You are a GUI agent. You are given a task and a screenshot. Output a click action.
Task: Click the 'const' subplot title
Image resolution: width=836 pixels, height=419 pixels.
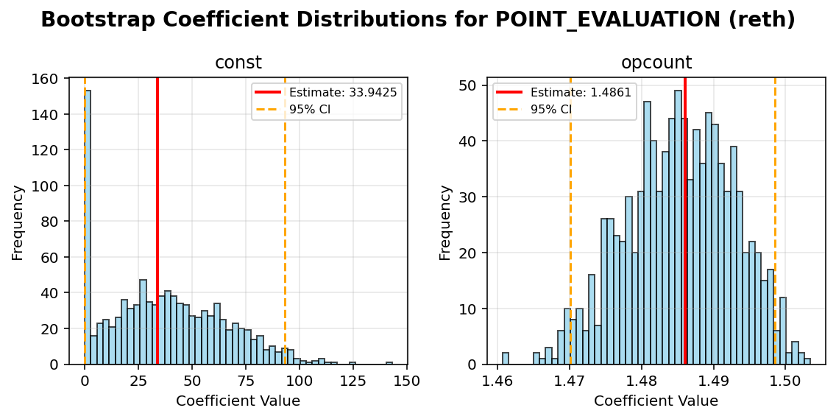(238, 63)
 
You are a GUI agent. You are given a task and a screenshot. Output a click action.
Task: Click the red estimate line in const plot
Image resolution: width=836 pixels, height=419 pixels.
(157, 221)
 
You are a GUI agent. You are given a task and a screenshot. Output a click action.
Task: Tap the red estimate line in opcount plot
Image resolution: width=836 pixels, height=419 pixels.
(685, 221)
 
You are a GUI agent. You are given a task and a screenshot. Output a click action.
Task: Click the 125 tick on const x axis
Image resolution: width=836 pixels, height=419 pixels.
(353, 380)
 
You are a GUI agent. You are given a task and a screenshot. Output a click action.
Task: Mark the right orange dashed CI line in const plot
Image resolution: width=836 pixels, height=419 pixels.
(286, 221)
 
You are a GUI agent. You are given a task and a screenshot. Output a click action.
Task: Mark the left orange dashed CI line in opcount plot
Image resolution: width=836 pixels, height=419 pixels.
(570, 221)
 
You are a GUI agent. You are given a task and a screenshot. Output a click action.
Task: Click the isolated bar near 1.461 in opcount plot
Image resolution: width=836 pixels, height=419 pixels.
(506, 359)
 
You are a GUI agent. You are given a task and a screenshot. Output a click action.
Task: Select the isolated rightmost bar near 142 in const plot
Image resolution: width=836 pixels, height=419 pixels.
(389, 363)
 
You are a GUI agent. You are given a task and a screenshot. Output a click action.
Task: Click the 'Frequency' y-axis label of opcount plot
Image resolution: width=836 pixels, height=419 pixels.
(445, 222)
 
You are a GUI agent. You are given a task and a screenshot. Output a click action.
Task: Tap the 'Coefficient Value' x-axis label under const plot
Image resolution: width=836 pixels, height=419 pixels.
(238, 401)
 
